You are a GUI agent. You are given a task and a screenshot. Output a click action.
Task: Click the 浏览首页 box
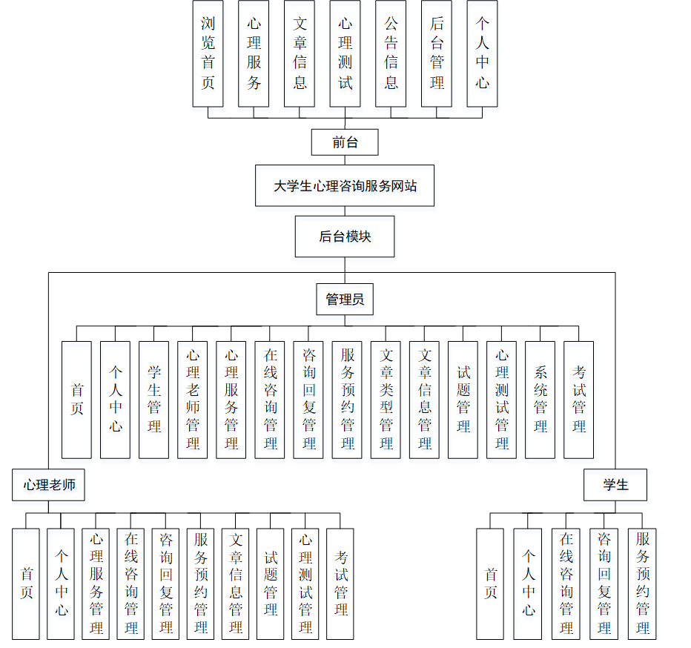click(x=208, y=53)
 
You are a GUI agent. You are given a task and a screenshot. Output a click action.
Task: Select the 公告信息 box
click(x=391, y=53)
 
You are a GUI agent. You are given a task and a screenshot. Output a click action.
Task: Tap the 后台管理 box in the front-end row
click(x=437, y=53)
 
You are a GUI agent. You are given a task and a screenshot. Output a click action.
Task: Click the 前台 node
click(x=345, y=142)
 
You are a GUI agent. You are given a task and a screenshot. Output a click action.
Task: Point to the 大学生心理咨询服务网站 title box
click(x=345, y=186)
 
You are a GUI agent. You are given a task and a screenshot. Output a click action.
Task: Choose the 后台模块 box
click(x=345, y=237)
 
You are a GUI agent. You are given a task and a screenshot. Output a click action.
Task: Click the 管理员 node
click(x=345, y=299)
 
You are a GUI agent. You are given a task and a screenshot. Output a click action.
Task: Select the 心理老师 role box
click(x=48, y=485)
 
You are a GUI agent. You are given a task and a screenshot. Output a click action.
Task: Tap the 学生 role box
click(x=615, y=485)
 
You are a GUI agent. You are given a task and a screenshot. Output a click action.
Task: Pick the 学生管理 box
click(x=154, y=400)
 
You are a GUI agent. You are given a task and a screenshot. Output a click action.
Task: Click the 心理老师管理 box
click(x=193, y=400)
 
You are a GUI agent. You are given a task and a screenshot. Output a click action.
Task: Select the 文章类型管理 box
click(x=386, y=400)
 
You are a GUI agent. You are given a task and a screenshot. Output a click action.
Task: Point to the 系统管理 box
click(x=540, y=400)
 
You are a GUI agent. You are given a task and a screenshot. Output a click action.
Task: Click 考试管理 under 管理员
click(x=578, y=400)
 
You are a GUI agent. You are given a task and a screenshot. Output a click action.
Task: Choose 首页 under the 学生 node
click(x=491, y=583)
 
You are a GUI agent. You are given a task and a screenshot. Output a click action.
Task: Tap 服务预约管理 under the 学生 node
click(x=642, y=583)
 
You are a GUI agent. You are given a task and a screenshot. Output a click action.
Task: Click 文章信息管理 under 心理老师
click(x=236, y=583)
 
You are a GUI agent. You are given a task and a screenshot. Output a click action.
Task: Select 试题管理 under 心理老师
click(x=271, y=583)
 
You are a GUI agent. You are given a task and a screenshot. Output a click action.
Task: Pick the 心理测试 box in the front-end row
click(x=345, y=53)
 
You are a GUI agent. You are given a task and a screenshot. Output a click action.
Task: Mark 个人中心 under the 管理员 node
click(x=116, y=400)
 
